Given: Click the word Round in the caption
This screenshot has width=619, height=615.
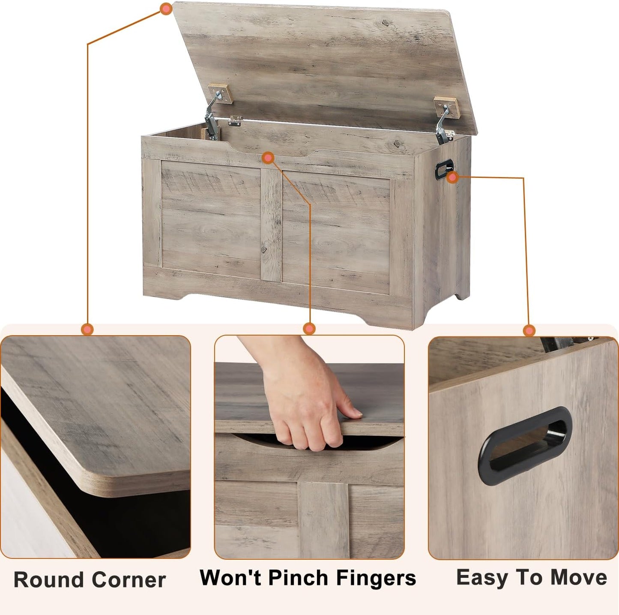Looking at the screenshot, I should [x=48, y=580].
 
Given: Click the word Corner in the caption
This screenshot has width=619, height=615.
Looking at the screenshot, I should [x=129, y=580].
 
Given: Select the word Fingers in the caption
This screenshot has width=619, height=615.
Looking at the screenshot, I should [x=376, y=578].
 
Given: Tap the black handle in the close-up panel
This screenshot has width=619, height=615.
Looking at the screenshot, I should [x=525, y=446].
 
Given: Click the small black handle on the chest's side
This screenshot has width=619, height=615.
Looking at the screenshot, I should [x=444, y=169].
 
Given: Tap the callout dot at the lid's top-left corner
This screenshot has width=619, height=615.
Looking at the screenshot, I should [x=166, y=9].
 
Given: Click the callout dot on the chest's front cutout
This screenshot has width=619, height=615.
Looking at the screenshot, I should [x=268, y=158].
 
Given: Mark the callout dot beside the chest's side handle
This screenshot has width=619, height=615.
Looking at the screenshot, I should [x=453, y=177].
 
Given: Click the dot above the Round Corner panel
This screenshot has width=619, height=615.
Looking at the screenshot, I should [x=87, y=329].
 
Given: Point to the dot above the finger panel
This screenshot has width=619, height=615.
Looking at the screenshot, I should [x=309, y=329].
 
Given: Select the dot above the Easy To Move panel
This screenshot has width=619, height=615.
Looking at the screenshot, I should [x=529, y=330].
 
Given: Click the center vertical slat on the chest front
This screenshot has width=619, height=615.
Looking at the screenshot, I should [x=271, y=225].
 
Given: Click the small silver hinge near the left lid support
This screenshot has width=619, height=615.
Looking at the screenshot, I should [x=235, y=121].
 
